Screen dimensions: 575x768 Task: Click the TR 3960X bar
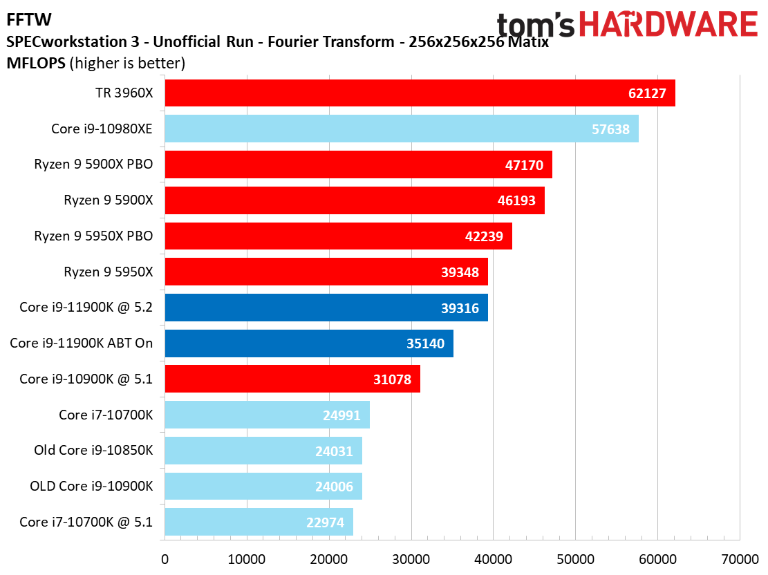[x=420, y=93]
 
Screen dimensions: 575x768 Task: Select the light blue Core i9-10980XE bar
[x=402, y=129]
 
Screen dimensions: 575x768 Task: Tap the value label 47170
[x=524, y=165]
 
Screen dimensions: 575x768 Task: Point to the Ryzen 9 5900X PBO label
[x=93, y=164]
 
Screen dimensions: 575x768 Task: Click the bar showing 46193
[x=354, y=200]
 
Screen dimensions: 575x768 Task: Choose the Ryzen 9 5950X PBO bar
[x=338, y=236]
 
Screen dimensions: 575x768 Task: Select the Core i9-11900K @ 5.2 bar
[x=326, y=308]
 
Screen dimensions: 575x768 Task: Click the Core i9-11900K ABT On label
[x=82, y=343]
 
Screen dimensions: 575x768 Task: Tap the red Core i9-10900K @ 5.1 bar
[x=292, y=379]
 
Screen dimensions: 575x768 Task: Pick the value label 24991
[x=341, y=415]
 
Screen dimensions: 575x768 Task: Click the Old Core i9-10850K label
[x=93, y=451]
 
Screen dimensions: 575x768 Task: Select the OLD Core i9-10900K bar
[x=263, y=487]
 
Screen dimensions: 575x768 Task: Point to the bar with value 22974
[x=259, y=522]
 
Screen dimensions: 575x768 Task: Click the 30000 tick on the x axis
[x=411, y=558]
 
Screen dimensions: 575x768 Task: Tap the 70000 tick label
[x=740, y=558]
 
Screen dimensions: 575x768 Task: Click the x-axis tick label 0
[x=165, y=558]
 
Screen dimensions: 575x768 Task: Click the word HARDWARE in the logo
[x=668, y=25]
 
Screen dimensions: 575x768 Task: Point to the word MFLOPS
[x=36, y=64]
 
